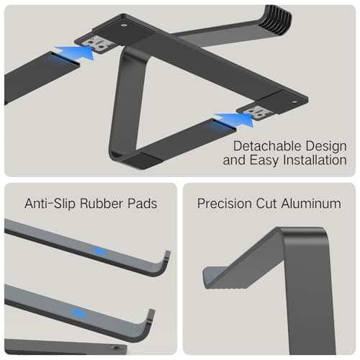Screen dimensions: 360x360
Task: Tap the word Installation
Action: click(x=315, y=160)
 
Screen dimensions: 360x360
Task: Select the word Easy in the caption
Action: click(x=264, y=161)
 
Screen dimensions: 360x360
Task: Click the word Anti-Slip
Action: click(x=50, y=204)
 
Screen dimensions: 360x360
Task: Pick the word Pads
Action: click(x=143, y=204)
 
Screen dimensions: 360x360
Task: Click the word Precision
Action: click(x=225, y=204)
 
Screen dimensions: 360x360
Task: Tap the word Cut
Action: click(x=266, y=204)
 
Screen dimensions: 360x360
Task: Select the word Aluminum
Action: click(x=311, y=204)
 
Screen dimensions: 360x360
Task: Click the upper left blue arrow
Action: click(x=75, y=53)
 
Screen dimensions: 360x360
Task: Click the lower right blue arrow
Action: click(x=235, y=119)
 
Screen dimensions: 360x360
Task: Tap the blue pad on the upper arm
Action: click(x=99, y=251)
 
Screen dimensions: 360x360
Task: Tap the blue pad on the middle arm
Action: click(x=78, y=313)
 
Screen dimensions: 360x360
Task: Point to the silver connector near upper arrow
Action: click(x=96, y=44)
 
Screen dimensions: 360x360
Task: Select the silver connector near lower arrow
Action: click(x=255, y=112)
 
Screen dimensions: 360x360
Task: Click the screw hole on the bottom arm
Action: click(x=116, y=348)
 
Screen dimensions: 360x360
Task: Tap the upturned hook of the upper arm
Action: click(x=164, y=264)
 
